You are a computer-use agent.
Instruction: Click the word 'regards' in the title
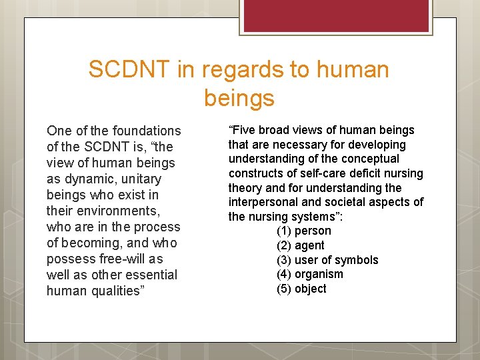coord(245,69)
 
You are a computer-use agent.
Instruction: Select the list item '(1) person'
coord(303,231)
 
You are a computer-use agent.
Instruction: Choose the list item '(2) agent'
coord(300,245)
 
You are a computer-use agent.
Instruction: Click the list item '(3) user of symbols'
coord(327,260)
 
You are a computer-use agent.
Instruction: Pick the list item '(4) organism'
coord(309,274)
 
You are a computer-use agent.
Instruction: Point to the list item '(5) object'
coord(301,289)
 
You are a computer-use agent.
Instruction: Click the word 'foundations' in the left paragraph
coord(147,131)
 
